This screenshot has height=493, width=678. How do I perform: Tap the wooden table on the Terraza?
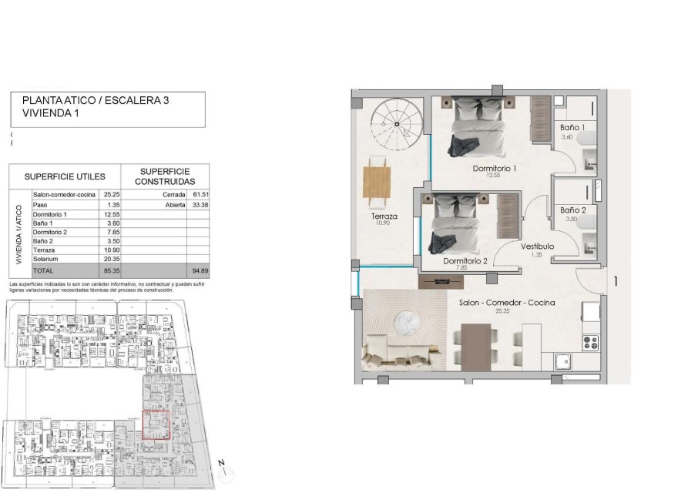378,182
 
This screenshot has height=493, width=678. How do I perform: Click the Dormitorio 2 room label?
465,261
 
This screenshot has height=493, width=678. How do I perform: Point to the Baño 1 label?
572,127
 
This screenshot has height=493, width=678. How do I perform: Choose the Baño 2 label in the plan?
573,210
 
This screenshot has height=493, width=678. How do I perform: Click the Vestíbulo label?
537,246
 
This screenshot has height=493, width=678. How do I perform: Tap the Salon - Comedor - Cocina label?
508,303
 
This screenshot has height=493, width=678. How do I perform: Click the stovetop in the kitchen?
591,341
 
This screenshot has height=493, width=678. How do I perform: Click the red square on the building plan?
157,425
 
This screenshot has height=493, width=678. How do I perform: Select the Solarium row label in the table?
45,260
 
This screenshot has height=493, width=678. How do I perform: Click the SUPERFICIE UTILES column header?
65,176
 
